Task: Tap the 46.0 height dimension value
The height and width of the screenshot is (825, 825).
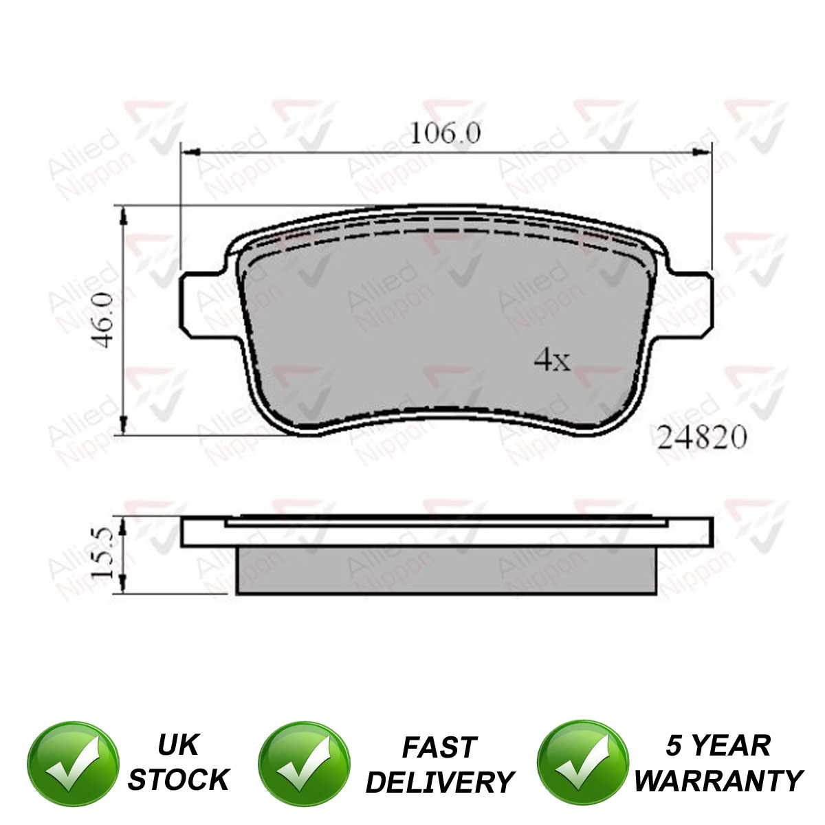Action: pyautogui.click(x=103, y=321)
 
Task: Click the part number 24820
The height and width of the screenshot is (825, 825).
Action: pyautogui.click(x=702, y=437)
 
